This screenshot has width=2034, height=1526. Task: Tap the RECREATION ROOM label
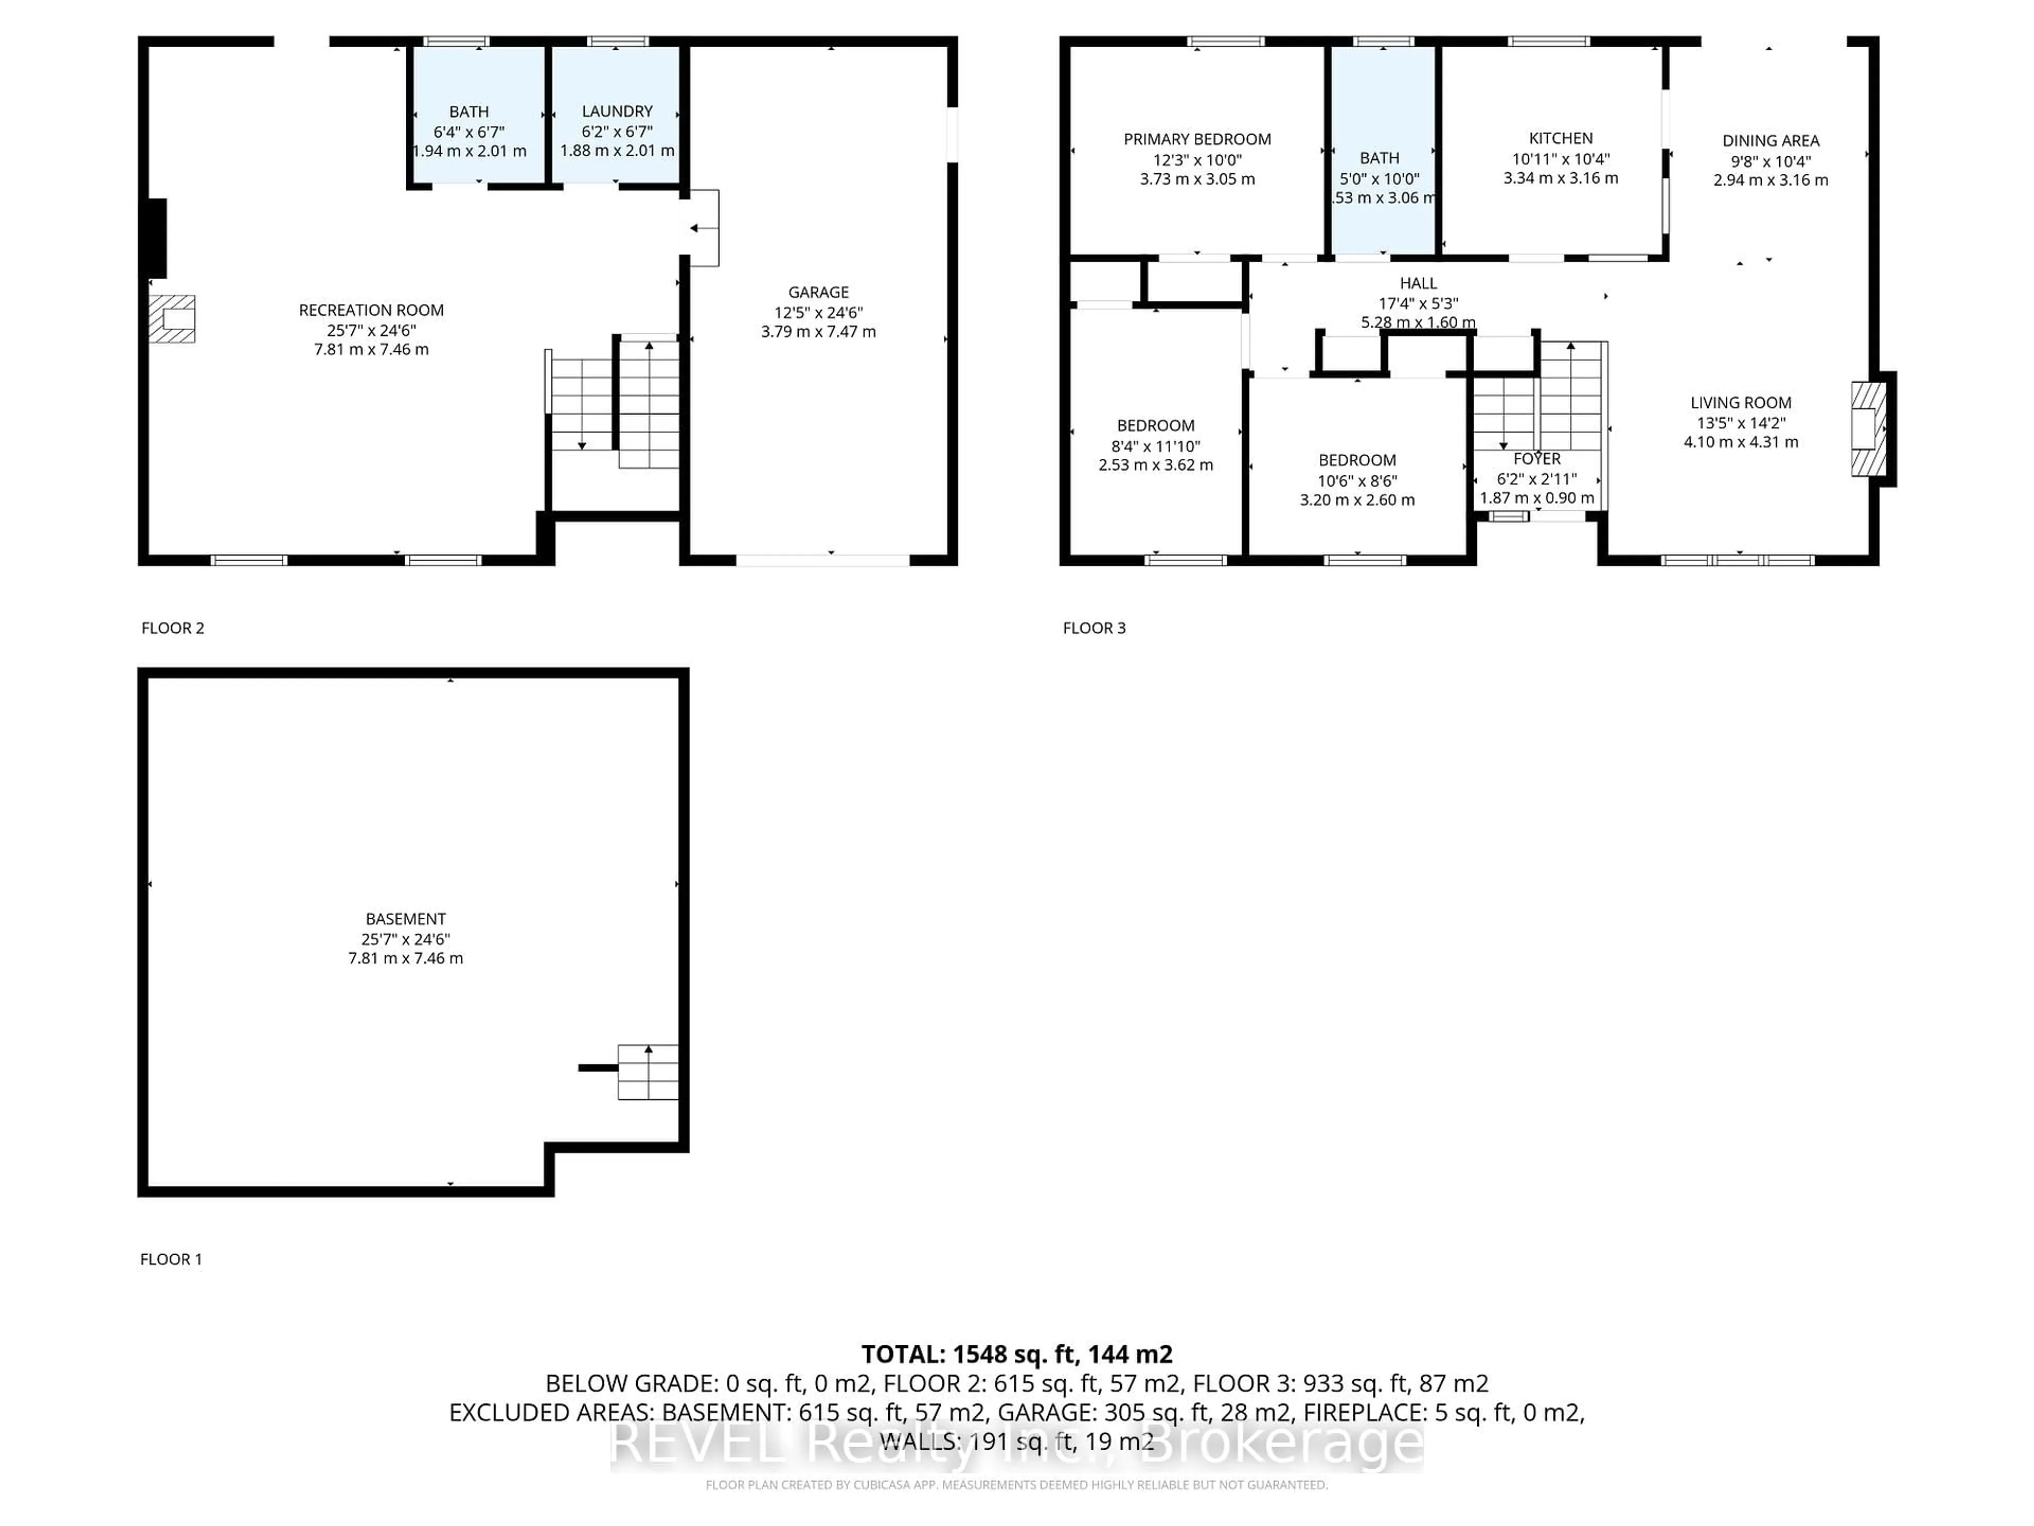(371, 310)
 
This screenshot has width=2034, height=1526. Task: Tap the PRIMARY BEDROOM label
(1197, 139)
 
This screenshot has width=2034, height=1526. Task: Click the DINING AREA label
(1770, 141)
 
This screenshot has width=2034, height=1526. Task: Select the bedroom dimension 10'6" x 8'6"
(1357, 480)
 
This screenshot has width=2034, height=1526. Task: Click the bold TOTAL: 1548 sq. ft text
(1016, 1353)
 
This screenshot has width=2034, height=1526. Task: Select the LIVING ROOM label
(1739, 402)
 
